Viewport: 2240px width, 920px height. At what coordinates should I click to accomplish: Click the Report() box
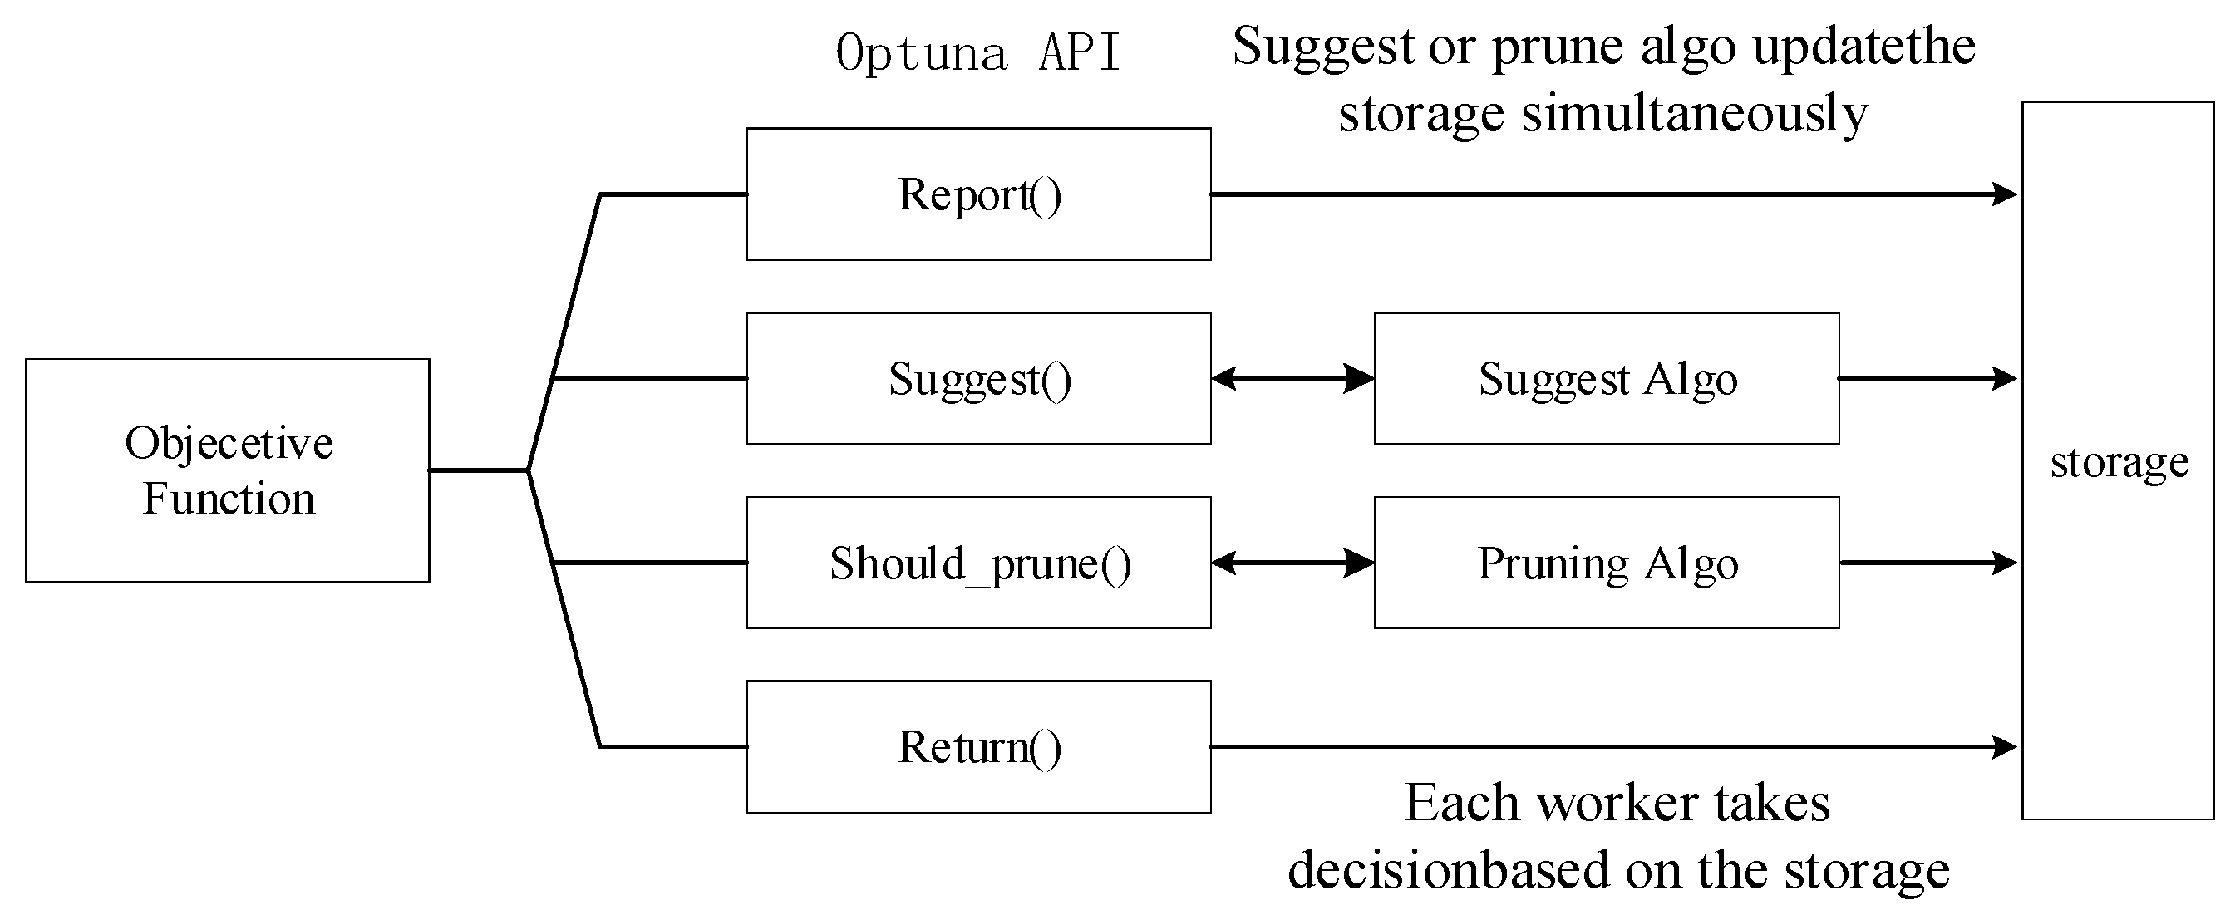click(978, 194)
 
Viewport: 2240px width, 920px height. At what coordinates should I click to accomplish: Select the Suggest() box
click(978, 378)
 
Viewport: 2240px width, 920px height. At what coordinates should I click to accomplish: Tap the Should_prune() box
click(978, 563)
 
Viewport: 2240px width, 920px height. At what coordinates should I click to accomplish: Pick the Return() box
click(978, 747)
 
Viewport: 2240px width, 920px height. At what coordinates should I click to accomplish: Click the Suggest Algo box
click(1606, 378)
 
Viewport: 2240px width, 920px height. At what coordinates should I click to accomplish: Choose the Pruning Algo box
click(1606, 563)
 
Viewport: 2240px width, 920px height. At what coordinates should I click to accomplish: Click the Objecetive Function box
click(227, 470)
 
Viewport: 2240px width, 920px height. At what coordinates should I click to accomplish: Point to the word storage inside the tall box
click(2119, 462)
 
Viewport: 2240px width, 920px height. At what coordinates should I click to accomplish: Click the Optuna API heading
click(977, 52)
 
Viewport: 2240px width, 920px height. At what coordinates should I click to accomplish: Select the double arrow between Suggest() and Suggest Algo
click(1292, 378)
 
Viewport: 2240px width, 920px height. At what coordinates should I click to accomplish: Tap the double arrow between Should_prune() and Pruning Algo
click(1292, 563)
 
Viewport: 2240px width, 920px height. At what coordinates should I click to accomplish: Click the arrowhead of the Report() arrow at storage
click(2004, 194)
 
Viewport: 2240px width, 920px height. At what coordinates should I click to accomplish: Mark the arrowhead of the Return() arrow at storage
click(2004, 746)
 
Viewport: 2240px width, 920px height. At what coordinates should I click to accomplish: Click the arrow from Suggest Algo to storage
click(1927, 378)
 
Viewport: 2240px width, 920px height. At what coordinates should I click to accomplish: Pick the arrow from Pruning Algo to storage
click(1927, 563)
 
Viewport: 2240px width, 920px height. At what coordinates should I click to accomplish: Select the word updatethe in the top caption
click(1863, 46)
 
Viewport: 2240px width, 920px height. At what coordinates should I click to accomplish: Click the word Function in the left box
click(229, 499)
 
